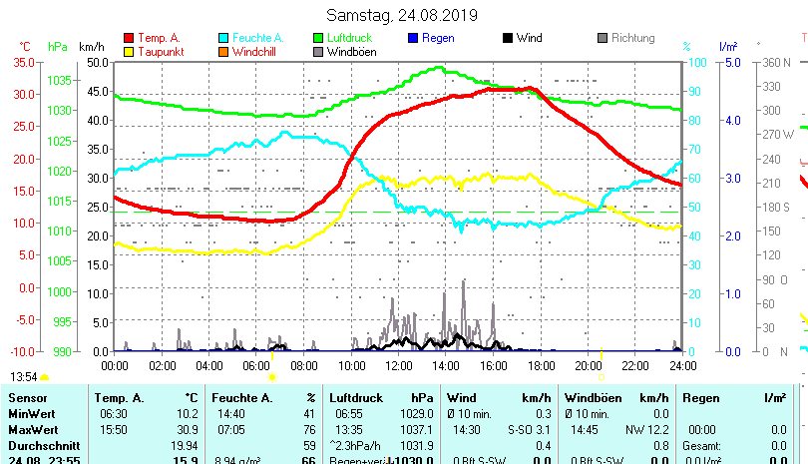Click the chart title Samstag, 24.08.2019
tap(402, 16)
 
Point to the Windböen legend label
tap(352, 52)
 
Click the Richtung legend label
tap(632, 39)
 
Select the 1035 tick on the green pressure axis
tap(59, 80)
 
